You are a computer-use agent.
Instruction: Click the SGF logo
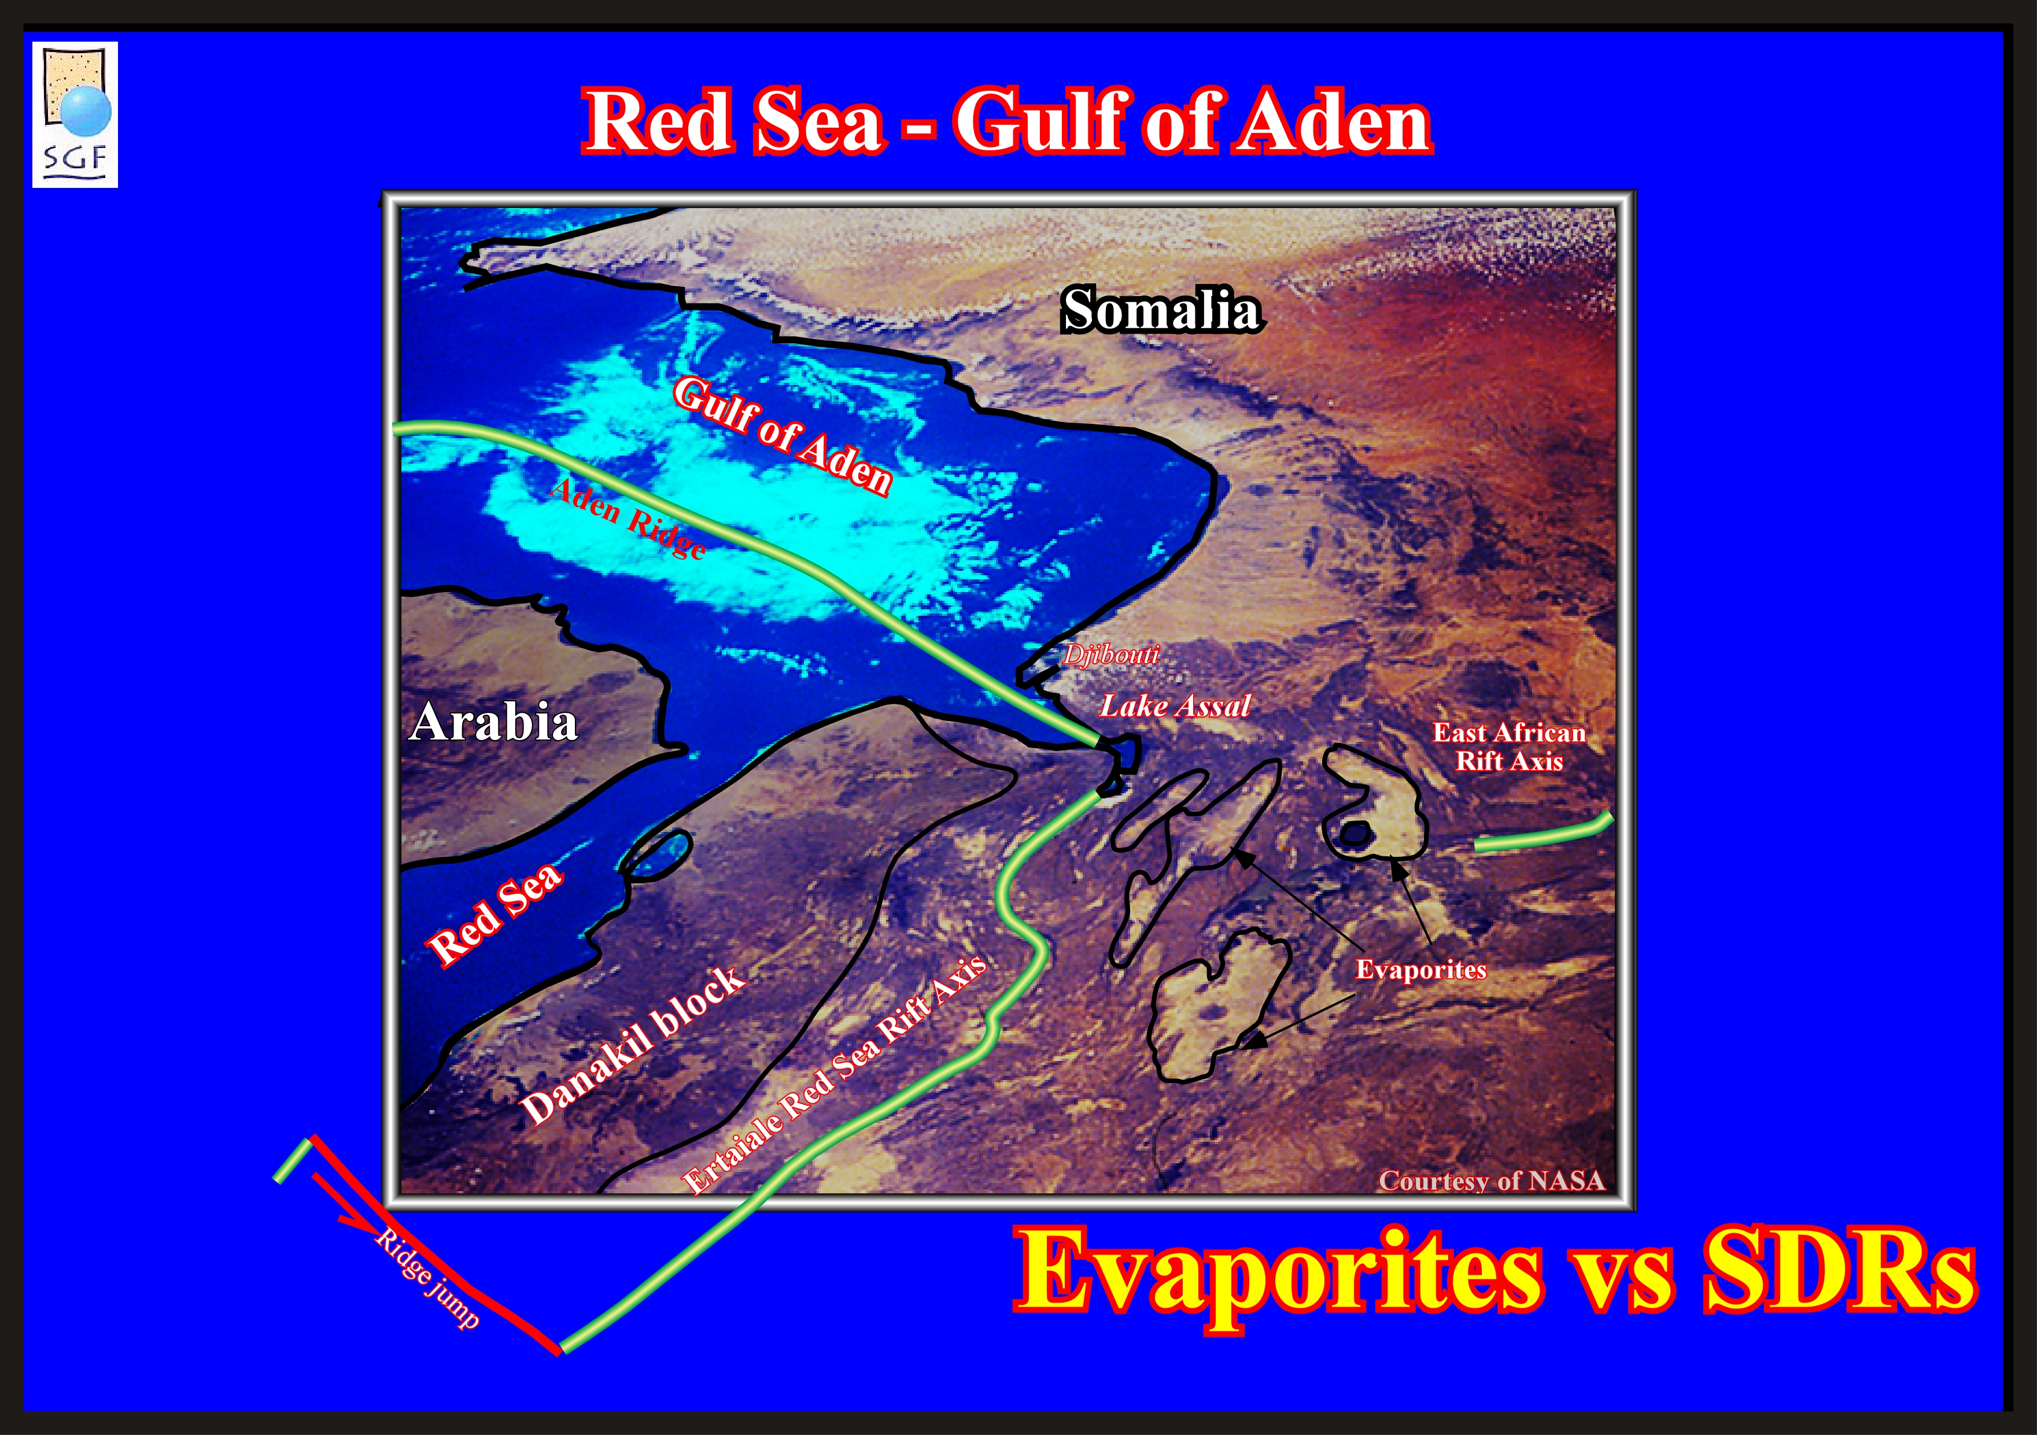click(x=75, y=114)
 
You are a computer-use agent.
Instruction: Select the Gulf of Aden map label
click(x=781, y=435)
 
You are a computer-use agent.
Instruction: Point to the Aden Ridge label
click(x=628, y=519)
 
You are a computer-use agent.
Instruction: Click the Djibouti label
click(x=1111, y=654)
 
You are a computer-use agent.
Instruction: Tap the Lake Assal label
click(x=1175, y=706)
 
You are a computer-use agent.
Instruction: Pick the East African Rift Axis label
click(x=1509, y=747)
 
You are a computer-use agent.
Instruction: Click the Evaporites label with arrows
click(x=1420, y=970)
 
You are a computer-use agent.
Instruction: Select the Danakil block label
click(x=633, y=1044)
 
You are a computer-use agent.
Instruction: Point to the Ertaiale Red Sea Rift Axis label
click(x=834, y=1074)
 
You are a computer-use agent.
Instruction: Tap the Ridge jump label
click(x=427, y=1278)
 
